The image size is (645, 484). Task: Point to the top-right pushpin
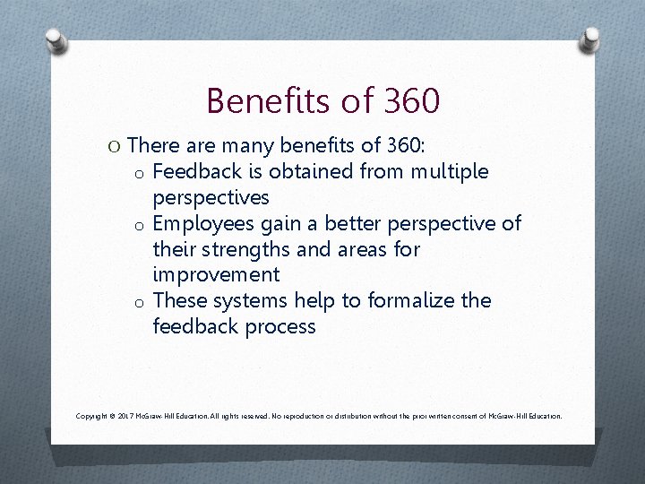click(x=590, y=39)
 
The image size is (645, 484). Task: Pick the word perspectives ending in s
click(x=211, y=196)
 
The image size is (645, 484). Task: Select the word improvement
click(x=216, y=274)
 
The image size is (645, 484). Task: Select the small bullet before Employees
click(x=141, y=224)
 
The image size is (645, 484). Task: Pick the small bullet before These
click(x=141, y=302)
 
